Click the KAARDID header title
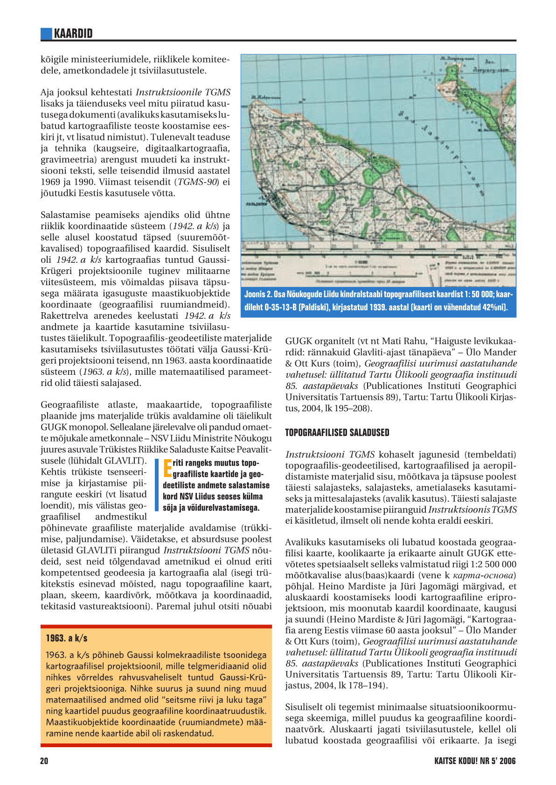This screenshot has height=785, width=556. click(73, 34)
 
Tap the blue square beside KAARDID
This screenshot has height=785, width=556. click(46, 34)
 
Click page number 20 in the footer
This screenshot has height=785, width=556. click(44, 761)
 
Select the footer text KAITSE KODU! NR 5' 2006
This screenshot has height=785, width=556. click(475, 761)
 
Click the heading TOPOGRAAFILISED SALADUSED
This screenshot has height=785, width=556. click(337, 433)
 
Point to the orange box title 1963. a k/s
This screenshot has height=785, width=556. click(66, 638)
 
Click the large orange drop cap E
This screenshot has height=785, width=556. click(167, 469)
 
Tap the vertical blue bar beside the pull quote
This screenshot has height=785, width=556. click(157, 485)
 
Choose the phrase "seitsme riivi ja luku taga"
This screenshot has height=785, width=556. click(217, 700)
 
